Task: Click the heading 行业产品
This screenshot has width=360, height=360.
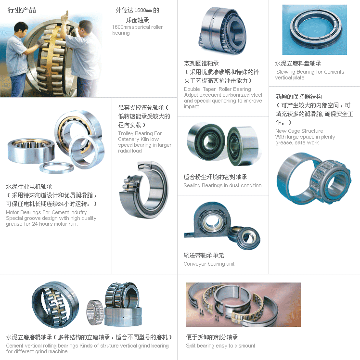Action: (x=22, y=10)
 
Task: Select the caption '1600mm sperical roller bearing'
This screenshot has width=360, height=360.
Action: (x=137, y=30)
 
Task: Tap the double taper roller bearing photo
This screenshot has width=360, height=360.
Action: (x=222, y=30)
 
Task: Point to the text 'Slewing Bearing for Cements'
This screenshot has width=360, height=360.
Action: (x=310, y=72)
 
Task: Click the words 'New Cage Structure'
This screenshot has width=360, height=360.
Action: (x=299, y=131)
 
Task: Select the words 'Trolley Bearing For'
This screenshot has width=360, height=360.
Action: (x=140, y=133)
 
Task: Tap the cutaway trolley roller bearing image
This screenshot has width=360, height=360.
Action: (x=144, y=190)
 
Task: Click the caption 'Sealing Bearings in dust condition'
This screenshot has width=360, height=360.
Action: (x=222, y=185)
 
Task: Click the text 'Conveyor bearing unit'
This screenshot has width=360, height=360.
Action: (x=209, y=264)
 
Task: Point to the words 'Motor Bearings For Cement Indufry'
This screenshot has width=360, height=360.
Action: (x=46, y=212)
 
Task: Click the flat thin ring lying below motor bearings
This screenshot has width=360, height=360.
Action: (x=56, y=167)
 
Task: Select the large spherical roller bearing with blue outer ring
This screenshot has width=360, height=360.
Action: (x=55, y=305)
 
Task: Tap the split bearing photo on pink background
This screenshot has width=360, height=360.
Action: (x=243, y=305)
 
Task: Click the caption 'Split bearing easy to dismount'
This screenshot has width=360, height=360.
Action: (x=220, y=346)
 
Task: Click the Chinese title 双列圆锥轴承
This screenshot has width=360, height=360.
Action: (x=201, y=64)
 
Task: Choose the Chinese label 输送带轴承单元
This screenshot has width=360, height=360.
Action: (x=204, y=255)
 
